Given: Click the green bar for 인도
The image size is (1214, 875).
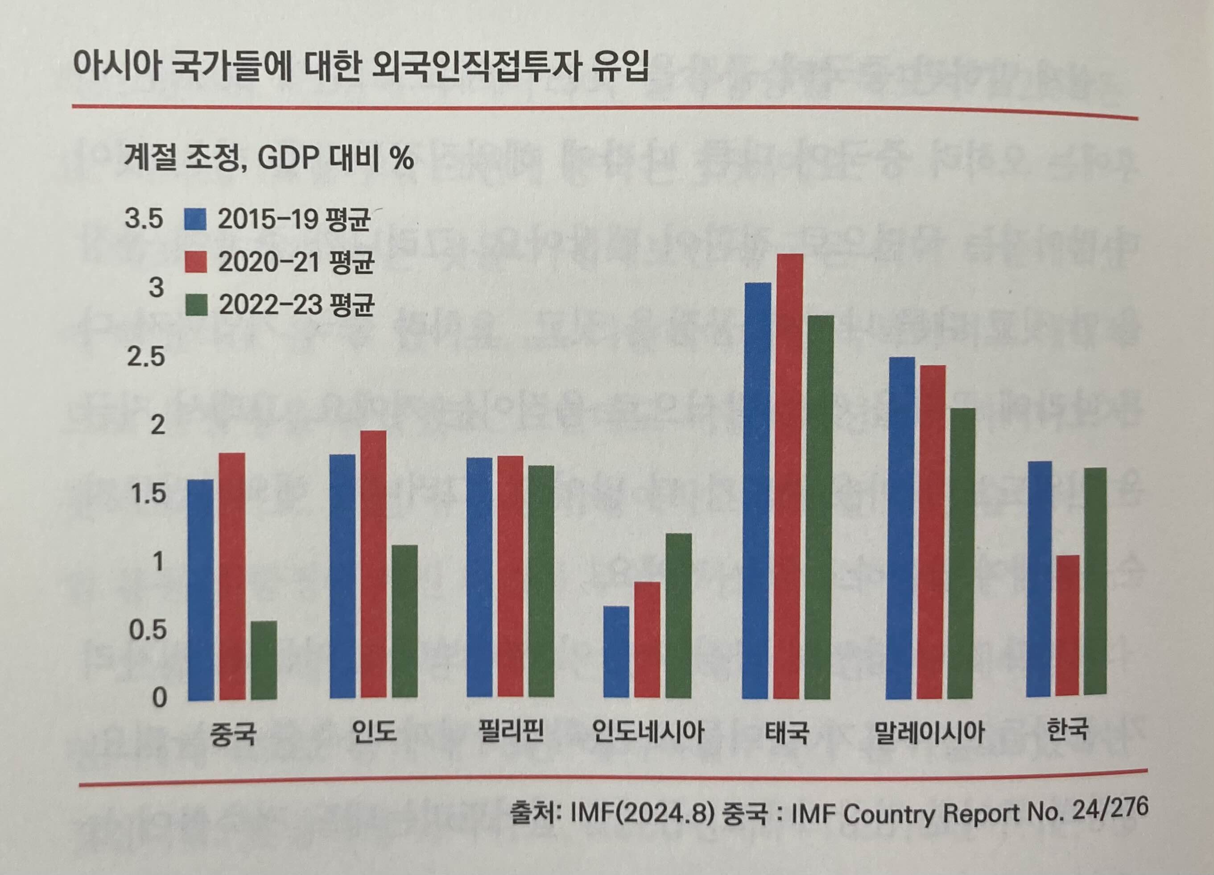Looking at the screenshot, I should coord(405,621).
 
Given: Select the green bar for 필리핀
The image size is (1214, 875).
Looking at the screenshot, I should coord(541,581).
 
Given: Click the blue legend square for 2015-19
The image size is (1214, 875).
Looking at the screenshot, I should coord(195,220).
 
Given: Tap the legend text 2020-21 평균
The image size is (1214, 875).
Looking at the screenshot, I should coord(295,263).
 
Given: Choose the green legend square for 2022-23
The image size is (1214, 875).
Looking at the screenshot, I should coord(196,306).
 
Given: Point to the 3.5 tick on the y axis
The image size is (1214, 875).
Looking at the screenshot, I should coord(144,219).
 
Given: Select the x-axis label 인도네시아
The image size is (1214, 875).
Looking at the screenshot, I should coord(648,731).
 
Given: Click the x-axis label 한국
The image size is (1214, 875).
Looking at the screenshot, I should coord(1067,730).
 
